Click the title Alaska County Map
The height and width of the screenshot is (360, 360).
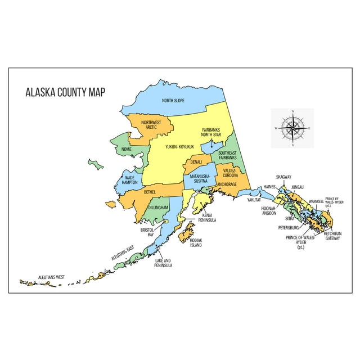65,92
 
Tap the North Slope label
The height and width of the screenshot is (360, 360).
173,101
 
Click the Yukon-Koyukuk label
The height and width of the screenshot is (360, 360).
179,147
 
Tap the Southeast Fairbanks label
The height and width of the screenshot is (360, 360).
228,156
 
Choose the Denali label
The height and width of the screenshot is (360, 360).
196,163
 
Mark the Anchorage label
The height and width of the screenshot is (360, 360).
227,184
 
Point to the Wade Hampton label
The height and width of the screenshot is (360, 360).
130,180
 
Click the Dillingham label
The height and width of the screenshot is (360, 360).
158,208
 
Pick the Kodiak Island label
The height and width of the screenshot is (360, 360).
196,243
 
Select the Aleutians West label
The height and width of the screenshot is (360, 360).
51,277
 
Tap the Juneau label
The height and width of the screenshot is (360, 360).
298,187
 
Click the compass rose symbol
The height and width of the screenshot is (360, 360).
292,128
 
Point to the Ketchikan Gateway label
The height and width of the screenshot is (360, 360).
332,235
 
